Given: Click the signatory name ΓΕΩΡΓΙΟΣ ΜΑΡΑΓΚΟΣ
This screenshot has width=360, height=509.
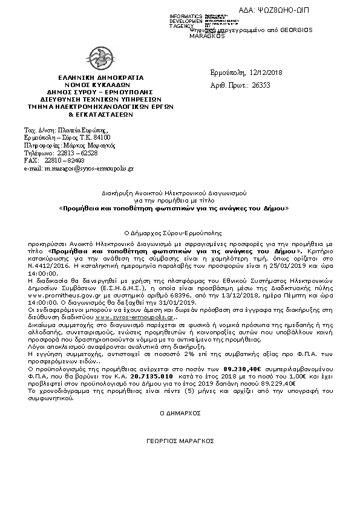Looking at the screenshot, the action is click(180, 442).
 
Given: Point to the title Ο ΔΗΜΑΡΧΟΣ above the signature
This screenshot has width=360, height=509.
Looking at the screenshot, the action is click(180, 412).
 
